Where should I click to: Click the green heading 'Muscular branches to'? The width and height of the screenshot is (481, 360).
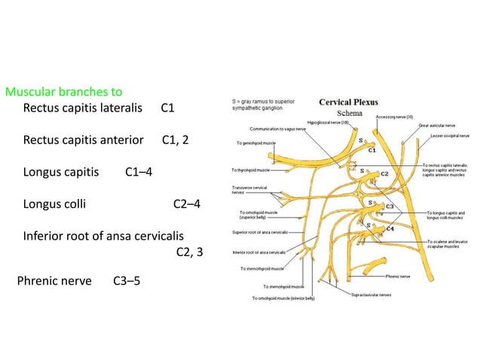pos(63,93)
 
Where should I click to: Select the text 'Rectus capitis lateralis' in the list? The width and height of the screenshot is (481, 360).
pos(83,108)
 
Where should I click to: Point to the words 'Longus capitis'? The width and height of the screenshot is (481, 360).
pos(61,172)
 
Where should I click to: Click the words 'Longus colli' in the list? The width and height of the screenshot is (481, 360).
pos(54,203)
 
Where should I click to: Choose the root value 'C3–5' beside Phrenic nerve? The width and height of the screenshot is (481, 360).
pos(126,282)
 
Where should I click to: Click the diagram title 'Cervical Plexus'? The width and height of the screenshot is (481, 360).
pos(348,102)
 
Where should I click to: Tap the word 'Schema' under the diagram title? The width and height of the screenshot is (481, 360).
pos(349,113)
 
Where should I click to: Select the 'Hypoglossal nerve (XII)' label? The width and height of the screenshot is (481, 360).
pos(308,121)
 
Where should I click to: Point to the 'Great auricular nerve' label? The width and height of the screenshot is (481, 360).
pos(437,127)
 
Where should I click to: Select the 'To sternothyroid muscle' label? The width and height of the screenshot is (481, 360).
pos(262,269)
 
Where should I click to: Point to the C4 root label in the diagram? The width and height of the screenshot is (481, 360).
pos(390,227)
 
